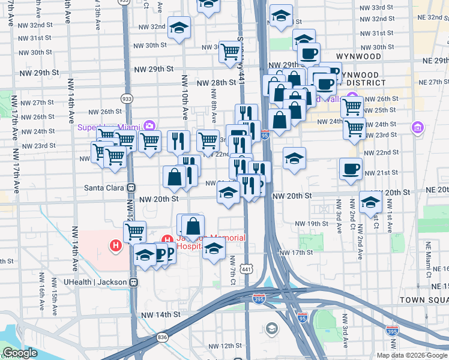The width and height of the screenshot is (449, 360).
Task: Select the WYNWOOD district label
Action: (358, 56)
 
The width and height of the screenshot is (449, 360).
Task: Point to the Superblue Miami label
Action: (108, 127)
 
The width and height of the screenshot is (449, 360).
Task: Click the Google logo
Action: (20, 353)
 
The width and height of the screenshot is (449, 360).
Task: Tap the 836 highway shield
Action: (163, 338)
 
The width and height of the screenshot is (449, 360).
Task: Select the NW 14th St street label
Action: (160, 314)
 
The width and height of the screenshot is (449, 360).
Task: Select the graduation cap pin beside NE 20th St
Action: (370, 202)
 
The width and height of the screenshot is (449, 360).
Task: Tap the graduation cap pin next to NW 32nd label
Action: (178, 28)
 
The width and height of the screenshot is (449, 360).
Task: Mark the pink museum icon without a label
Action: (417, 127)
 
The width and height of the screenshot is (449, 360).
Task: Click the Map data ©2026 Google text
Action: (412, 355)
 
